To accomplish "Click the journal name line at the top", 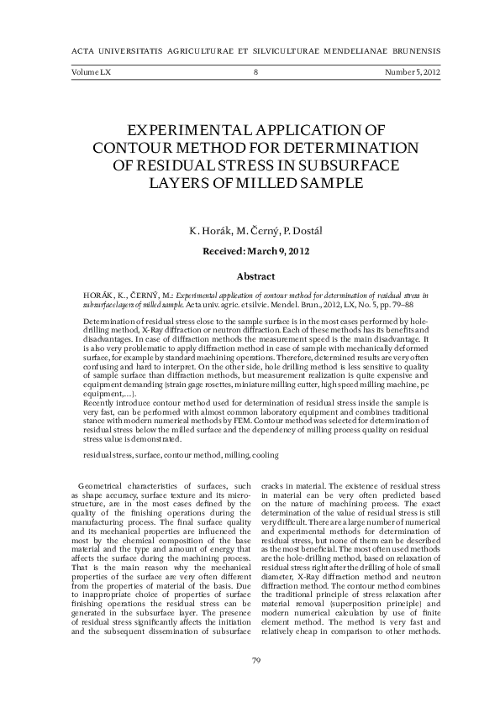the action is click(x=250, y=50).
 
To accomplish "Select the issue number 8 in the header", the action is click(x=255, y=73).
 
